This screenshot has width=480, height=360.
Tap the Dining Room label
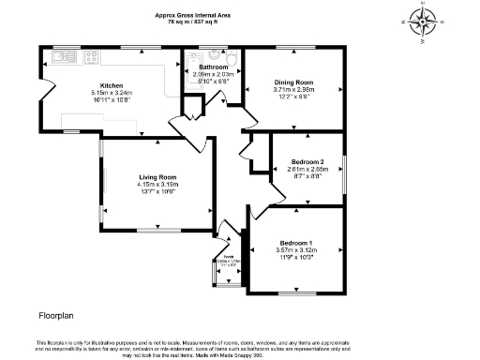292,82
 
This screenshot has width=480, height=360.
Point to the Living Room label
157,177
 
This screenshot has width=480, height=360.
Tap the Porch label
228,257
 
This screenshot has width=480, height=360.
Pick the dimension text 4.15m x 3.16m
157,185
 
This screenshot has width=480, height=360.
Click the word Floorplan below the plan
56,316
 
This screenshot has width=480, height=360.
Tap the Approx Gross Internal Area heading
193,14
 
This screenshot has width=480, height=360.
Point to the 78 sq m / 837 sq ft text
193,21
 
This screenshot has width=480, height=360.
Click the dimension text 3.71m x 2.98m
292,90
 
